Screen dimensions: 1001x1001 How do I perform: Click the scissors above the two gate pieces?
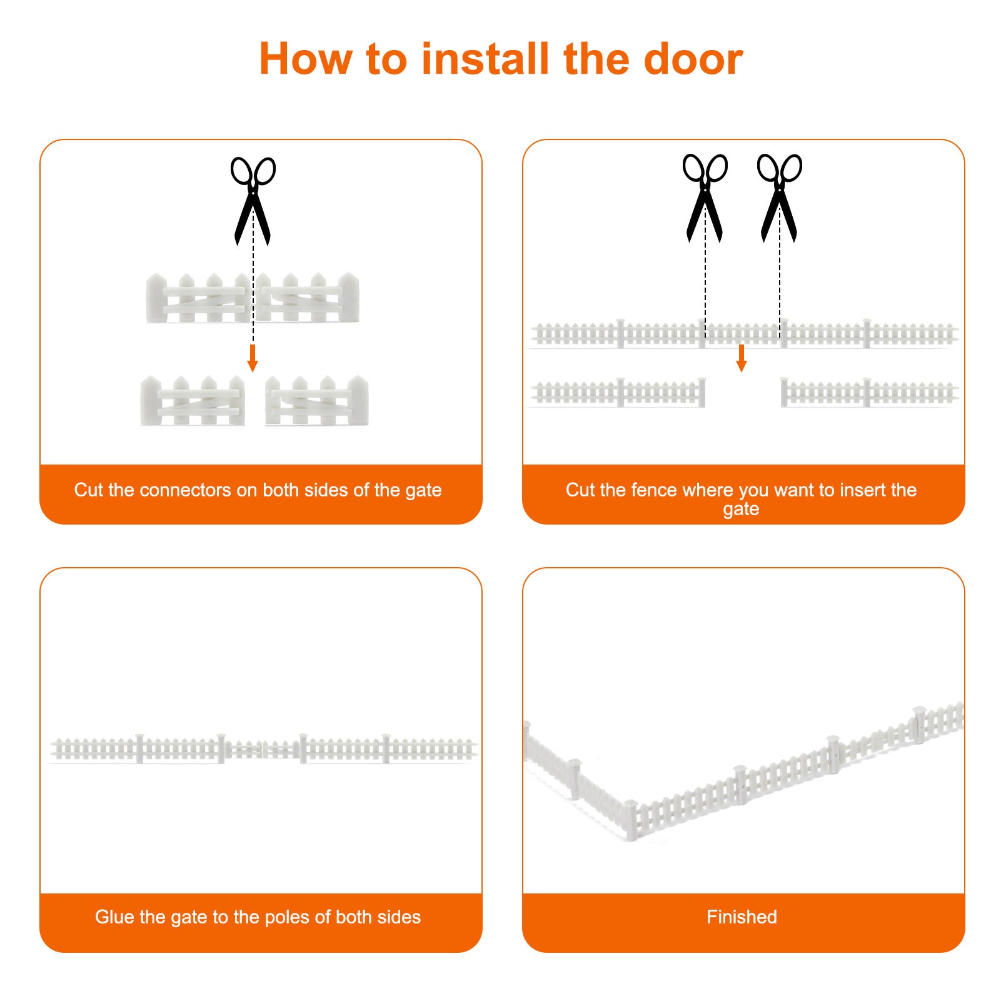point(253,201)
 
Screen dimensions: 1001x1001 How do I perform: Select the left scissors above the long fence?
point(705,198)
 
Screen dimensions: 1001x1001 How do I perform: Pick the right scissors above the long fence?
point(779,198)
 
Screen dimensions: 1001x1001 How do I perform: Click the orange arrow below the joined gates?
point(253,358)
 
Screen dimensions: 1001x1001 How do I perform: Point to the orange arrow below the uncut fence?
point(742,358)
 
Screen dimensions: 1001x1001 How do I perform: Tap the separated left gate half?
point(193,401)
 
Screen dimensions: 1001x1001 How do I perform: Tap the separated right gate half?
point(317,401)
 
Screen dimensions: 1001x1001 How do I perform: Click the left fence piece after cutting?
point(618,393)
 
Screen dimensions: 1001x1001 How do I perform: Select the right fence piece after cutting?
point(869,393)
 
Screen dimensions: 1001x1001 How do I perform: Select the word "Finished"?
point(742,917)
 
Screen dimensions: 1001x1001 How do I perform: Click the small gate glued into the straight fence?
point(262,748)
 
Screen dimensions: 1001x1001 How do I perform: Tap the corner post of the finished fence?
point(630,820)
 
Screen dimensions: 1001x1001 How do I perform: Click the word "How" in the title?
point(306,59)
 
